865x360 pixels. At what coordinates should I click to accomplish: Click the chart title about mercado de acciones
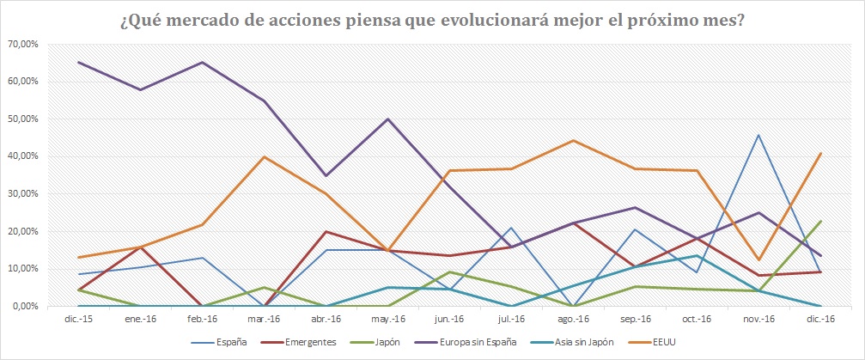pyautogui.click(x=432, y=19)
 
